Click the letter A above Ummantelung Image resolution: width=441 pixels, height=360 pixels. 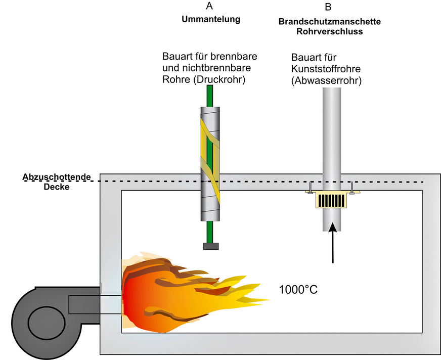click(209, 6)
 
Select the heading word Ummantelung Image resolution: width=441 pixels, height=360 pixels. click(210, 20)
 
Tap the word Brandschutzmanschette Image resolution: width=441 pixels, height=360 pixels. click(329, 23)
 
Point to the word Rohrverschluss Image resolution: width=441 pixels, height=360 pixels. click(329, 31)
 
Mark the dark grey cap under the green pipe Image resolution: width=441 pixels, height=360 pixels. click(211, 246)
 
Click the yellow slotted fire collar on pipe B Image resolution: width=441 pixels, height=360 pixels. click(331, 201)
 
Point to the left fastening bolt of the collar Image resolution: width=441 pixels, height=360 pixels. click(311, 188)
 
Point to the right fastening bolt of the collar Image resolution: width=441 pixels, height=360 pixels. click(352, 188)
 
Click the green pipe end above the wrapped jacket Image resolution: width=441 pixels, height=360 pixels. click(210, 96)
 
